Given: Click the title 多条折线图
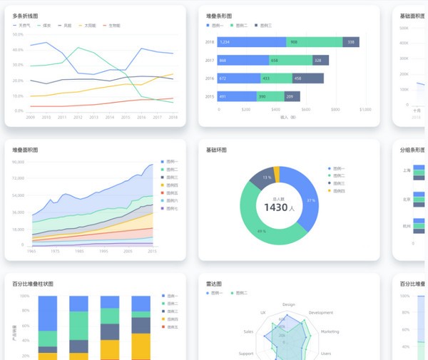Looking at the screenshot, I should pos(26,15).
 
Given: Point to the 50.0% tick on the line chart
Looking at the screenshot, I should pos(18,33).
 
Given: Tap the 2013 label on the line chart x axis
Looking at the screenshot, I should pos(94,117).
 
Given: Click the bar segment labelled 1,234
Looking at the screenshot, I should pos(251,42).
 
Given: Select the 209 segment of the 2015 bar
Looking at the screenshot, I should pos(290,96).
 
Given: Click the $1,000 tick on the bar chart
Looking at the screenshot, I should pos(365,110).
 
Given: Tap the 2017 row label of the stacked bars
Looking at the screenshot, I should pos(210,61).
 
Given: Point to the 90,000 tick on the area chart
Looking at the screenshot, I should pos(18,162).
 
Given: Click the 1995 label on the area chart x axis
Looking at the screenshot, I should pos(103,251).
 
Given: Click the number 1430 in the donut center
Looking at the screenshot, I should pos(274,207).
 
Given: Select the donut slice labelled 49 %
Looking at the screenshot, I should pos(262,231).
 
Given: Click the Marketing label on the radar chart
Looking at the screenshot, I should pos(330,331).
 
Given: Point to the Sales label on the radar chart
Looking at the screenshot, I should pos(248,331).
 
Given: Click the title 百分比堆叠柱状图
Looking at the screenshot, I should pos(33,284).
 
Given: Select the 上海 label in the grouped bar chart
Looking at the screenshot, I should pos(406,170).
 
